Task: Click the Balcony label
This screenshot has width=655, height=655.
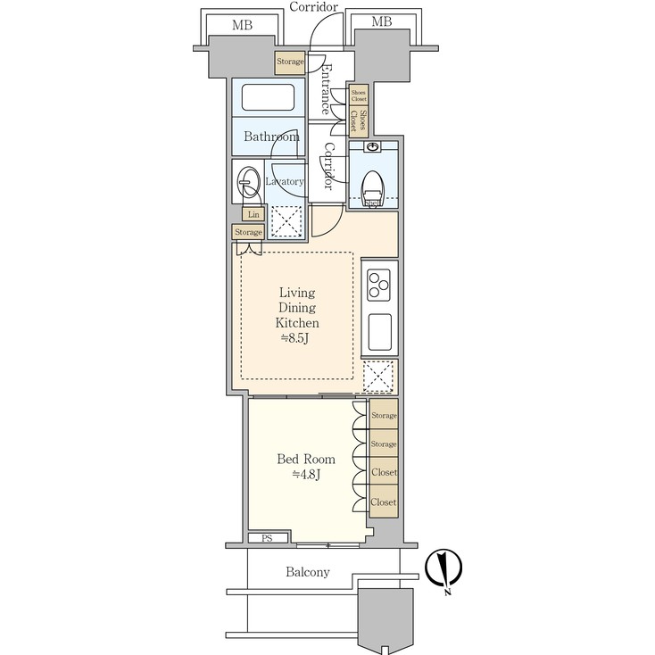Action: click(308, 572)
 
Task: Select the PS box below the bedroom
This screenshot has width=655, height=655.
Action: click(267, 538)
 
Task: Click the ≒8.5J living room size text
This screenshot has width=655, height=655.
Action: click(297, 338)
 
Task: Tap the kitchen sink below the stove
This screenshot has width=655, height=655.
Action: click(379, 333)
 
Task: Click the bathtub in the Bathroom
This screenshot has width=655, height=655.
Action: click(269, 97)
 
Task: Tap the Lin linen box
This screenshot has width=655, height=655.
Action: click(253, 214)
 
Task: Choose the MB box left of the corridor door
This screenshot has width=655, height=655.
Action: click(242, 24)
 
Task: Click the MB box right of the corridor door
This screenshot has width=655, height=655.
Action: click(381, 21)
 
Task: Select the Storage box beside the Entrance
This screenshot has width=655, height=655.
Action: click(289, 62)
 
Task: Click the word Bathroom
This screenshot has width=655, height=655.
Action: click(271, 137)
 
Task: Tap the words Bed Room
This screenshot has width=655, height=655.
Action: click(306, 460)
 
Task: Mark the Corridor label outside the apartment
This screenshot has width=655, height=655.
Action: click(314, 7)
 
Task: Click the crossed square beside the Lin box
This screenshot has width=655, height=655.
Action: click(286, 220)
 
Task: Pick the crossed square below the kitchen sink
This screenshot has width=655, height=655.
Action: click(379, 376)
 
